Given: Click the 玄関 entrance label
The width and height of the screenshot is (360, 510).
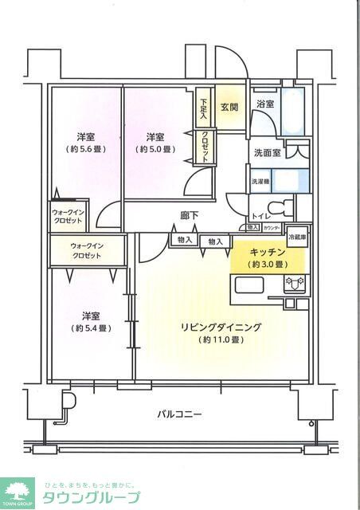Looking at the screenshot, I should click(x=229, y=107).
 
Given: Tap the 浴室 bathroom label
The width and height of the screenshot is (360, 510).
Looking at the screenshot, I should click(x=264, y=104).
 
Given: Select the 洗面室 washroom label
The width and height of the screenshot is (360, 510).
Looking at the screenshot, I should click(x=267, y=152).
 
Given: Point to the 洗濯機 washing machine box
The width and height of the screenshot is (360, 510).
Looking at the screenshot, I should click(x=260, y=182).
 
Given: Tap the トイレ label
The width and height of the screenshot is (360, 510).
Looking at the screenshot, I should click(x=260, y=216).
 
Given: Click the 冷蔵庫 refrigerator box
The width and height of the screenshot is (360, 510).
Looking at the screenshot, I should click(x=296, y=237).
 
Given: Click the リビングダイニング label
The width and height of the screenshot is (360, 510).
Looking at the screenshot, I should click(x=221, y=327).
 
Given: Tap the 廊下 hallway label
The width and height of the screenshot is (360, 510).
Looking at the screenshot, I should click(x=190, y=215).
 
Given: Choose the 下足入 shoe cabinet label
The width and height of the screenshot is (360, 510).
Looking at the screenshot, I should click(x=204, y=106).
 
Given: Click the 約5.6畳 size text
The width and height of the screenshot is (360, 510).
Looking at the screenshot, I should click(x=87, y=149).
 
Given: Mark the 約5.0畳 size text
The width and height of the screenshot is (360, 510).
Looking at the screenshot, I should click(x=156, y=149).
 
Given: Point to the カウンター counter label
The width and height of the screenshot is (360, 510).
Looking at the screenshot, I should click(x=271, y=227).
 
